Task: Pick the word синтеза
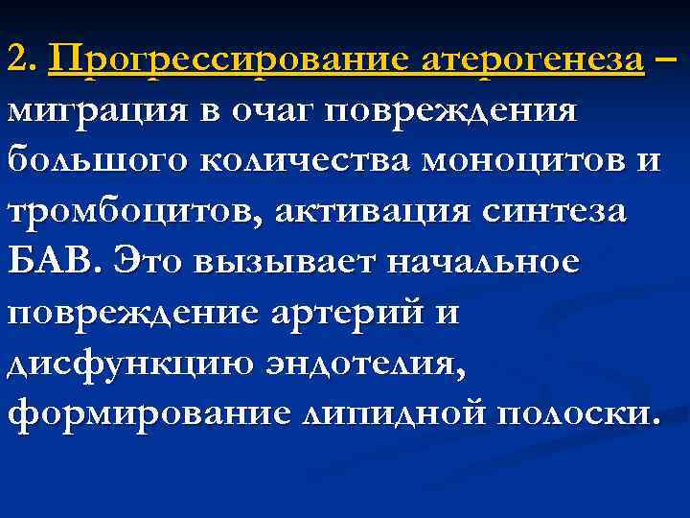[x=563, y=211]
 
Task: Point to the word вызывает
[x=284, y=261]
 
